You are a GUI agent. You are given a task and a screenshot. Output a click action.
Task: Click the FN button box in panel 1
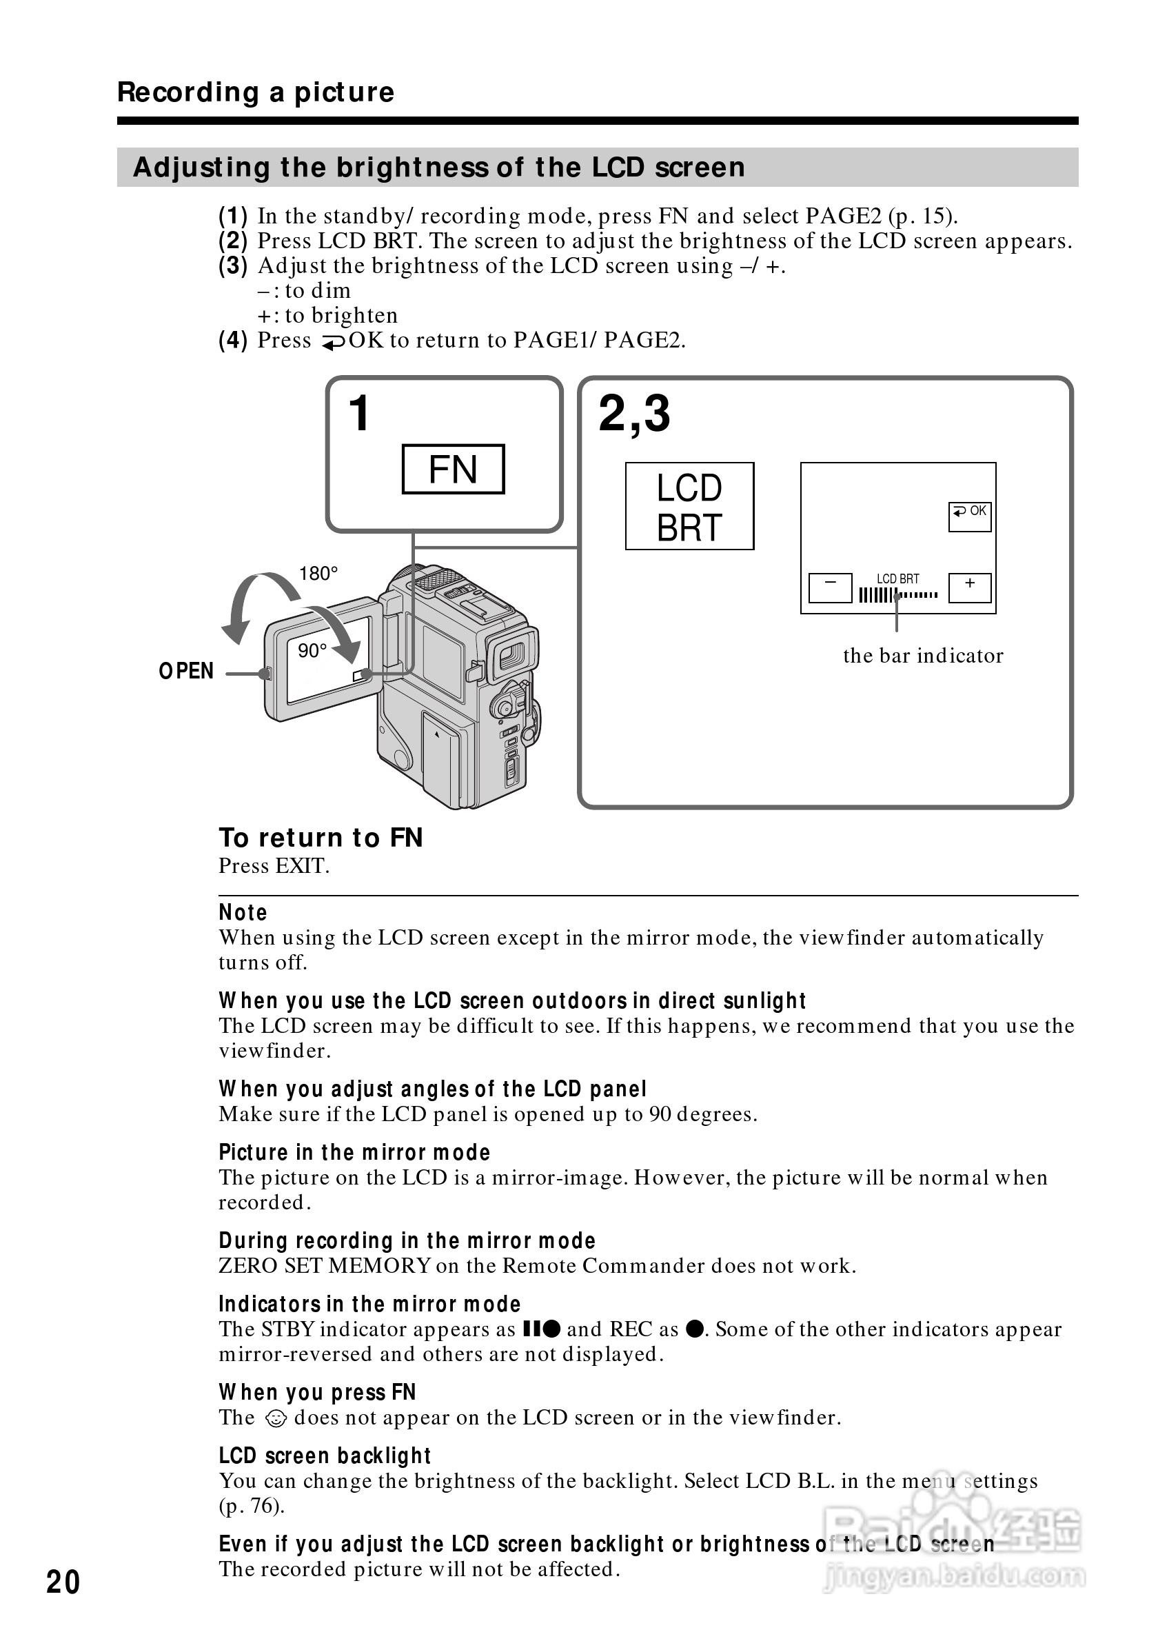453,470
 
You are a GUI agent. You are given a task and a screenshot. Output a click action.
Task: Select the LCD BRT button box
689,506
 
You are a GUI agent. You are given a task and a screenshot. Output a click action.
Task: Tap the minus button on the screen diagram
829,587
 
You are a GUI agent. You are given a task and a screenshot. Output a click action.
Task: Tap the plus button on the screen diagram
969,587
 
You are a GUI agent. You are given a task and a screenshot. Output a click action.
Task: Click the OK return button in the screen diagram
969,516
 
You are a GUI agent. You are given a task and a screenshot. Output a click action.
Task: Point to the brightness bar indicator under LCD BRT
898,595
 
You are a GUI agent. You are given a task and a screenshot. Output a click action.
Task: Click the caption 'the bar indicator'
923,656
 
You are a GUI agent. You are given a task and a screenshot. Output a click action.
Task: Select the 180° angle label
318,574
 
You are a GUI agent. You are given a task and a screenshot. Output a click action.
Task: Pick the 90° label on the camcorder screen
312,651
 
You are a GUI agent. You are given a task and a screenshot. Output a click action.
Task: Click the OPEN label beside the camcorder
186,671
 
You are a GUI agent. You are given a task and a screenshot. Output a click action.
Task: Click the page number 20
63,1582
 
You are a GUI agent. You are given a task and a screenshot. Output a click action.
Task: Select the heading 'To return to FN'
321,838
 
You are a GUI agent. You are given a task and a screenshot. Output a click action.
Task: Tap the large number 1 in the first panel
358,414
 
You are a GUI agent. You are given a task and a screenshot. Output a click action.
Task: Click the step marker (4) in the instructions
233,340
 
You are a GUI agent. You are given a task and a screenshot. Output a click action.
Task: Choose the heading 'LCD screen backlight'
325,1456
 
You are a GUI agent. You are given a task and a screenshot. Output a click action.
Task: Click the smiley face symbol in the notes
275,1418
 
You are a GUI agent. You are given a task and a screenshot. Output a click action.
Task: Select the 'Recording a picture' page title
256,92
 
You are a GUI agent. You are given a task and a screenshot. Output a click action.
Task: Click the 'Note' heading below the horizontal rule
243,913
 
